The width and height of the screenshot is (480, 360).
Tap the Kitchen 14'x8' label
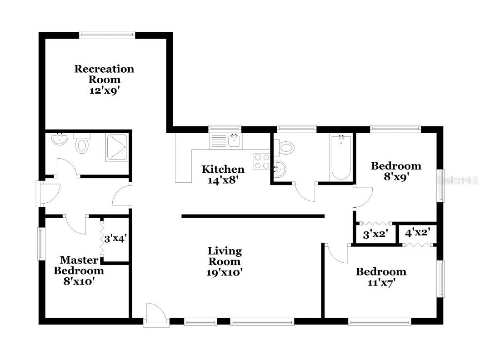point(223,174)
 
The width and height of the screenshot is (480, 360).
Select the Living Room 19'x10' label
point(225,261)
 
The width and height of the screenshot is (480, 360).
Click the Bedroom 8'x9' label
point(396,171)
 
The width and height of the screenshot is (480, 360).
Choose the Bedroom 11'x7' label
point(381,277)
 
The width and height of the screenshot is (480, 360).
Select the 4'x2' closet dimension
point(417,233)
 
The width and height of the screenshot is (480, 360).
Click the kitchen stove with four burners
point(262,161)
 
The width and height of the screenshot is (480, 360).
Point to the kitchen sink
point(234,140)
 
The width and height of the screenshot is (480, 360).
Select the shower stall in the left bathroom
point(118,146)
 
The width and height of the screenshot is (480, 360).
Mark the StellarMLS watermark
point(457,180)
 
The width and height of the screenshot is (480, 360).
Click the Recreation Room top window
point(107,34)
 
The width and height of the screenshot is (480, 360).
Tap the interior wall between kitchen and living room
point(253,216)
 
